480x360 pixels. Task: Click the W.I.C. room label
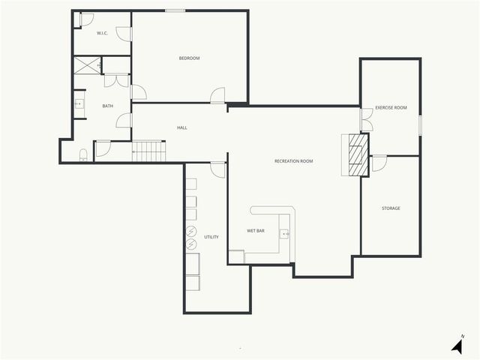coord(103,34)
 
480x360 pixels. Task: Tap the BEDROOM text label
coord(189,58)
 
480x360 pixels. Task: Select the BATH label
coord(108,106)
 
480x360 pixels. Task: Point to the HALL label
coord(182,127)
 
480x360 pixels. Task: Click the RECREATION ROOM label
coord(293,161)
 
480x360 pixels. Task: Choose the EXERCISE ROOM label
coord(391,108)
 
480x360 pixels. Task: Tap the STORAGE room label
coord(391,208)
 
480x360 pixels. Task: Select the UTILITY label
coord(211,237)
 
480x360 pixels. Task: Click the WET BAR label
coord(256,230)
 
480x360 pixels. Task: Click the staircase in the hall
coord(148,151)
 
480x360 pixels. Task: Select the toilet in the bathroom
coord(83,155)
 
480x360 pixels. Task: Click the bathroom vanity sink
coord(79,104)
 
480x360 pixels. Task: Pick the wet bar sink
coord(284,234)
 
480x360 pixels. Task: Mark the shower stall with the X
coord(88,65)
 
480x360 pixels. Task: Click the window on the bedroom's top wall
coord(175,10)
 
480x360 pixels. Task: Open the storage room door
coord(379,163)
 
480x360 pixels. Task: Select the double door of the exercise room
coord(367,120)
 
